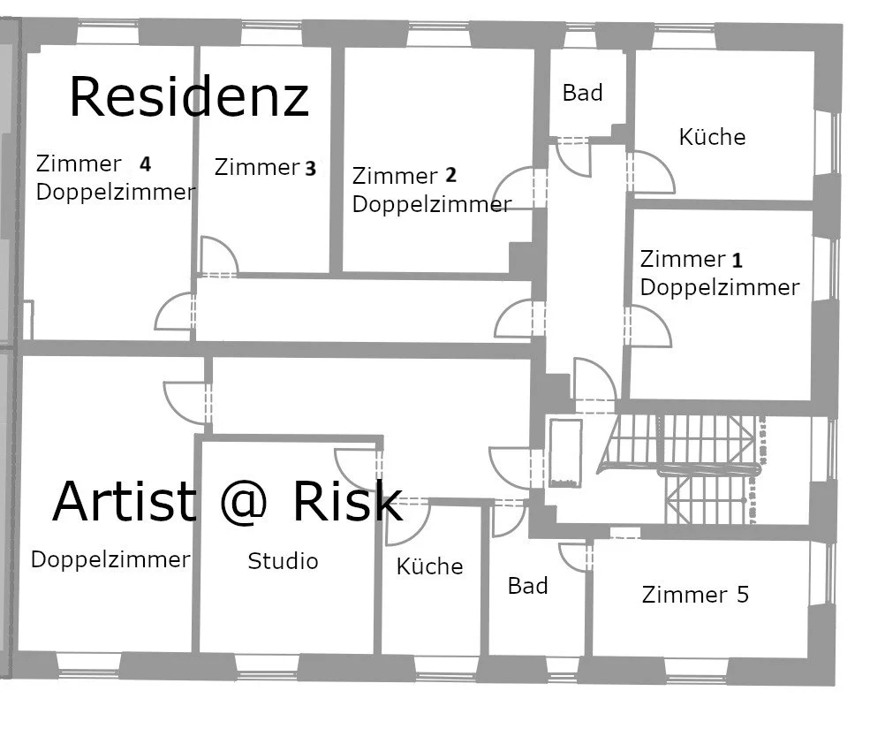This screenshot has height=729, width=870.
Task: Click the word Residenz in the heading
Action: coord(189,97)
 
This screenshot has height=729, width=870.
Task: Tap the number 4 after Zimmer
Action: coord(145,163)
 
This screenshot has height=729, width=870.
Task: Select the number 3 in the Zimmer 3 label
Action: coord(310,169)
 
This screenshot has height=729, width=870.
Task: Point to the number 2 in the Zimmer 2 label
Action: coord(451,176)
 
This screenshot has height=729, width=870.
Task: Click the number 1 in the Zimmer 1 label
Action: coord(738,261)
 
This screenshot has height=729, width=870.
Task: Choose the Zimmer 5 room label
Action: coord(695,595)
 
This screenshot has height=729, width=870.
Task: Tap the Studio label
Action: coord(283,561)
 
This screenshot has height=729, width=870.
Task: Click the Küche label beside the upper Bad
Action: coord(712,137)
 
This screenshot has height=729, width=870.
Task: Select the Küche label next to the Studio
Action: coord(429,566)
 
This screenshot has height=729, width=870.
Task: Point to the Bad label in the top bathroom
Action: coord(583,93)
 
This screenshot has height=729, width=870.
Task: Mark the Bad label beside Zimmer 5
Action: coord(527,586)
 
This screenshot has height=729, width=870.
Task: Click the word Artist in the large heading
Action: coord(124,501)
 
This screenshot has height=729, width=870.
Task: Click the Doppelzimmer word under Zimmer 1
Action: coord(719,287)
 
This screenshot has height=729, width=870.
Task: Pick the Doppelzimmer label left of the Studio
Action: coord(110,559)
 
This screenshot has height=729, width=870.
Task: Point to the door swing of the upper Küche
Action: coord(652,172)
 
